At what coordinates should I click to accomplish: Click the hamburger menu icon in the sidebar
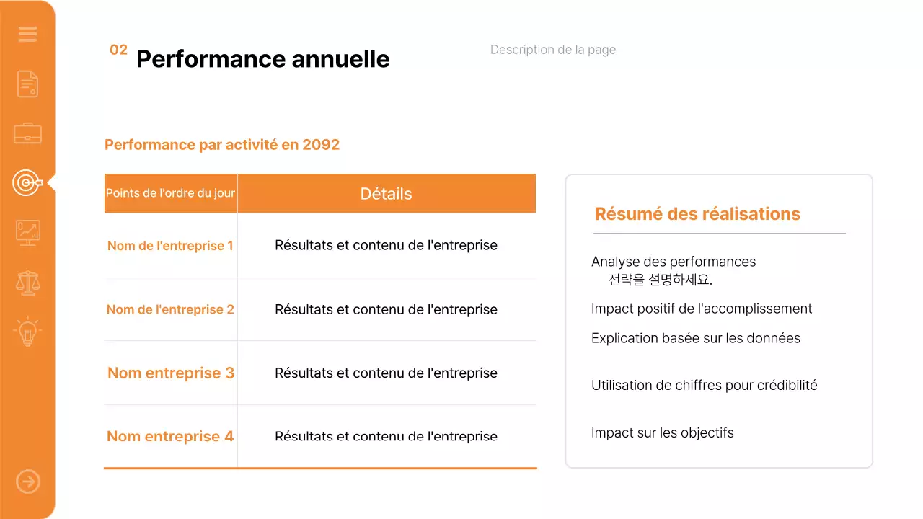coord(27,34)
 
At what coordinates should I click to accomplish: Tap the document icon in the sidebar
coord(27,84)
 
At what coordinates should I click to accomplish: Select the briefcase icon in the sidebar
coord(27,133)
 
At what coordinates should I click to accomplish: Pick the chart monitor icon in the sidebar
coord(27,232)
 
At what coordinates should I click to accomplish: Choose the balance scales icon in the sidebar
coord(27,283)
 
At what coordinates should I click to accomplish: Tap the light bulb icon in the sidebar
coord(27,332)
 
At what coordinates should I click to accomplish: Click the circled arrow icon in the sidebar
coord(28,482)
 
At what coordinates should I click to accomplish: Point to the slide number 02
coord(118,50)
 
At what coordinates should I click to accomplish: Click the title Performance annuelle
coord(262,59)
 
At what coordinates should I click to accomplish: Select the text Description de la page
coord(552,50)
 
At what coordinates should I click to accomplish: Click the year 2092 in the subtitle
coord(321,145)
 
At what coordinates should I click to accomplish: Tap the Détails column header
coord(386,194)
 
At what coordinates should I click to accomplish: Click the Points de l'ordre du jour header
coord(170,194)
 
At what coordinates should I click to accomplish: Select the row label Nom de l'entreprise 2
coord(170,309)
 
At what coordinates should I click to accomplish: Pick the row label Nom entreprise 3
coord(170,373)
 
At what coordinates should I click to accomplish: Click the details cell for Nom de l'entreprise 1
coord(386,245)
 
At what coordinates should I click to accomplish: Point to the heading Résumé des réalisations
coord(697,214)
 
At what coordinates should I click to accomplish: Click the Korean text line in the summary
coord(660,280)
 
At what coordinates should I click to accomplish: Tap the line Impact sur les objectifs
coord(662,433)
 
